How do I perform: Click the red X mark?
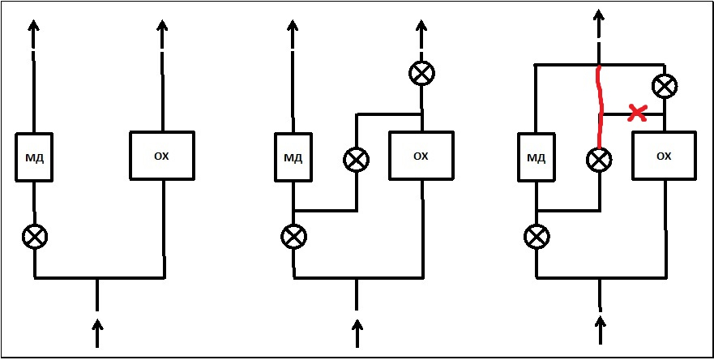tap(637, 113)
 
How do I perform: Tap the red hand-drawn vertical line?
tap(601, 107)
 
